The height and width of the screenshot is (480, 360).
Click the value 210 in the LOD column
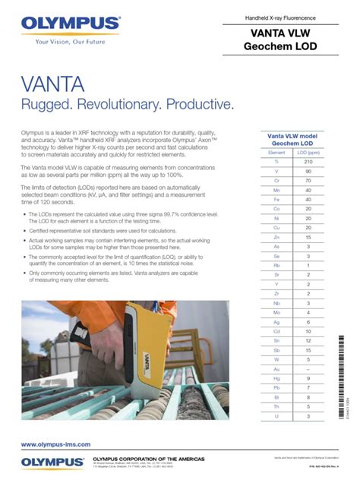(x=308, y=162)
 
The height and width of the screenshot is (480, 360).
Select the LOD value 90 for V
(x=308, y=172)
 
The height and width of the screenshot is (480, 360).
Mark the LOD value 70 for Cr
(x=308, y=182)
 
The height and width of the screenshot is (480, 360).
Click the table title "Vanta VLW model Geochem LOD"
(x=292, y=139)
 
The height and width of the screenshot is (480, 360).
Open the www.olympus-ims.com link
(x=55, y=444)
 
